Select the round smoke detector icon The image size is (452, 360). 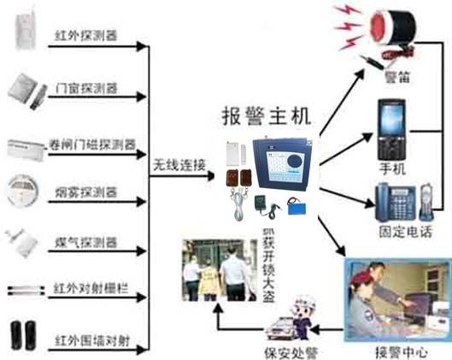[x=24, y=190]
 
